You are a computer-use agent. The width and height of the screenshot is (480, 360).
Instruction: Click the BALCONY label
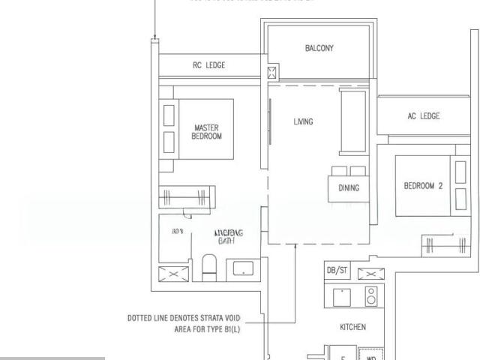(319, 48)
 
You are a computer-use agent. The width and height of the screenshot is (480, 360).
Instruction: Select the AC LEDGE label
(424, 116)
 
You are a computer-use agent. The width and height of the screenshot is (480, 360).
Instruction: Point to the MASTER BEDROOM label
(206, 132)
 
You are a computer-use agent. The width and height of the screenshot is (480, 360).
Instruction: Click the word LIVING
(304, 121)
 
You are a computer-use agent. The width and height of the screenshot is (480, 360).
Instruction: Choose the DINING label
(349, 188)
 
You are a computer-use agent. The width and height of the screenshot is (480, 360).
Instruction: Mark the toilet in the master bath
(210, 266)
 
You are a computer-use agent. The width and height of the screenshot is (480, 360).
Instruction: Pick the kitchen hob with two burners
(370, 298)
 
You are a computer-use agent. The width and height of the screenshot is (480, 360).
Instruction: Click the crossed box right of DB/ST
(370, 273)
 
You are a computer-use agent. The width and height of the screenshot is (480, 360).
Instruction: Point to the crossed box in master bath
(169, 274)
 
